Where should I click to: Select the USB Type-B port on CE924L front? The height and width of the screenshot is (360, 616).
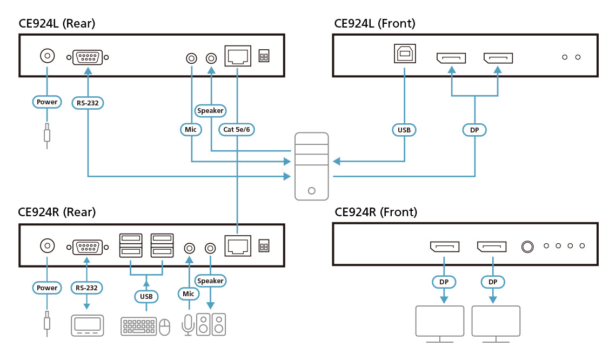click(x=405, y=55)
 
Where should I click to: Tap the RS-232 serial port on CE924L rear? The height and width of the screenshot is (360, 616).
click(x=88, y=57)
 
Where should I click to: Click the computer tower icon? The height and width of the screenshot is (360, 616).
click(x=311, y=166)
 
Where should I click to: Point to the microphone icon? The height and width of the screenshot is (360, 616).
click(x=188, y=324)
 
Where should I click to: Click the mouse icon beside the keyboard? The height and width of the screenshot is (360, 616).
click(x=164, y=326)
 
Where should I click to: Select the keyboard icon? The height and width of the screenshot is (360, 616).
click(x=139, y=326)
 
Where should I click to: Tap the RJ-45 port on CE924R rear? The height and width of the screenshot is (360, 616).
click(x=238, y=246)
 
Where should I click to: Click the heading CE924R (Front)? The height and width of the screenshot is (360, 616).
click(x=376, y=212)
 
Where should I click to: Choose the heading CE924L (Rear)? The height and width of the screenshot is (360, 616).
click(x=57, y=23)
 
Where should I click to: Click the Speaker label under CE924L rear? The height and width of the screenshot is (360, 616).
click(x=210, y=111)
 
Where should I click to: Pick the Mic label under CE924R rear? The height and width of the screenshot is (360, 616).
click(x=188, y=294)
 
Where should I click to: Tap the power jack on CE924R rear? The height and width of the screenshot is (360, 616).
click(x=48, y=246)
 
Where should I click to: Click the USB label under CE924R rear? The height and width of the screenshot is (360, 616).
click(x=146, y=296)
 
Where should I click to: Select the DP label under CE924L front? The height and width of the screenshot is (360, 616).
click(x=474, y=130)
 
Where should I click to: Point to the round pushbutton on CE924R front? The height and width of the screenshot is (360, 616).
click(x=527, y=246)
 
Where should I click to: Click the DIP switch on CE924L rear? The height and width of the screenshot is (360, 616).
click(x=264, y=56)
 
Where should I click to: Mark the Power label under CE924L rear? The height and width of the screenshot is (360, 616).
click(x=47, y=102)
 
